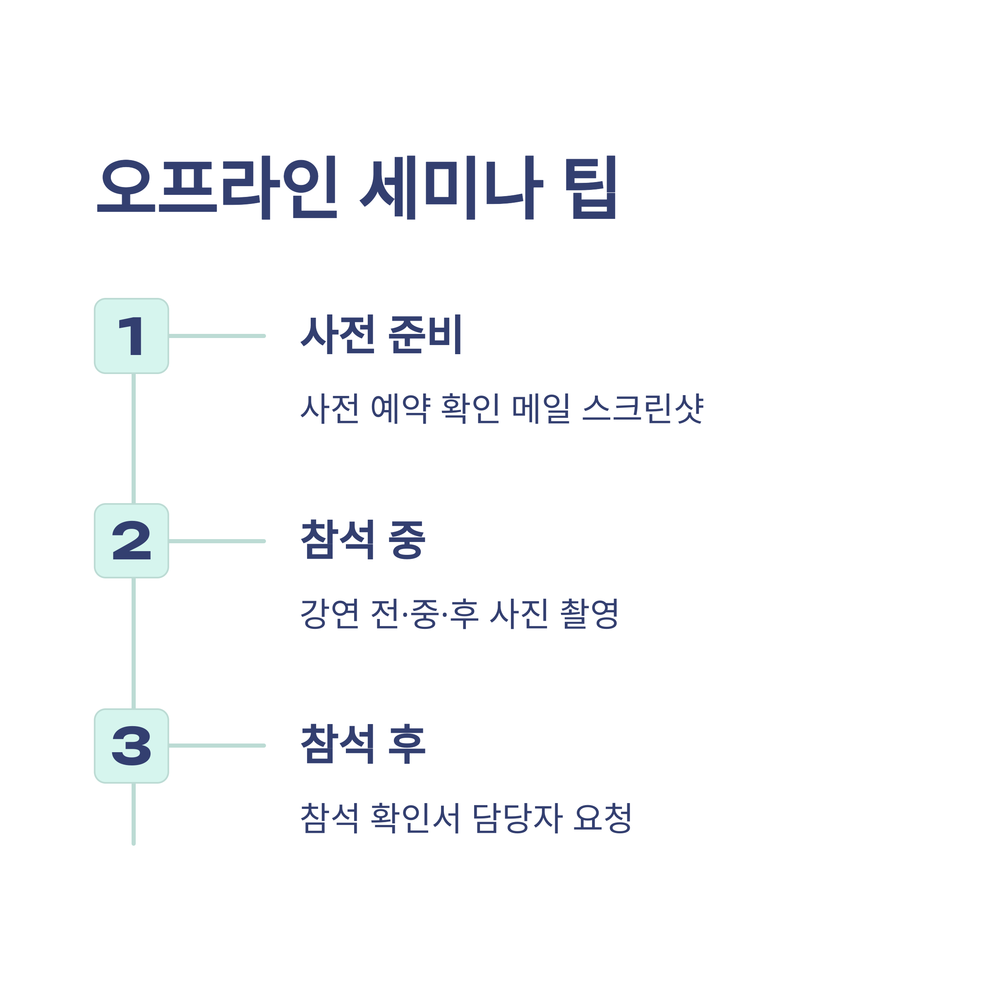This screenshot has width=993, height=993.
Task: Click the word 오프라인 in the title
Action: click(217, 187)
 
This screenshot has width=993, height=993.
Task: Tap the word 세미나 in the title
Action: click(451, 187)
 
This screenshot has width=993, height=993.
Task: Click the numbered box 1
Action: click(132, 336)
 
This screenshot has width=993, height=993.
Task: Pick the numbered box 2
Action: click(132, 541)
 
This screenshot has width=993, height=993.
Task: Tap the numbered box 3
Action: click(132, 746)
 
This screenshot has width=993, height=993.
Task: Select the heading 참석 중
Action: click(363, 539)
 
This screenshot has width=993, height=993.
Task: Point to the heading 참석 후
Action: click(363, 744)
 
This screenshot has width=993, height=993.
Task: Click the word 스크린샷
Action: click(643, 409)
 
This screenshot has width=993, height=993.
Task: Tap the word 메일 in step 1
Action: click(541, 409)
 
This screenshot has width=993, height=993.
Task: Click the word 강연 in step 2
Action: click(329, 613)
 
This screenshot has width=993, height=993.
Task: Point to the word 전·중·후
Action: click(425, 613)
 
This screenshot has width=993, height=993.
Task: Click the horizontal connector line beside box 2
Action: click(217, 541)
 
